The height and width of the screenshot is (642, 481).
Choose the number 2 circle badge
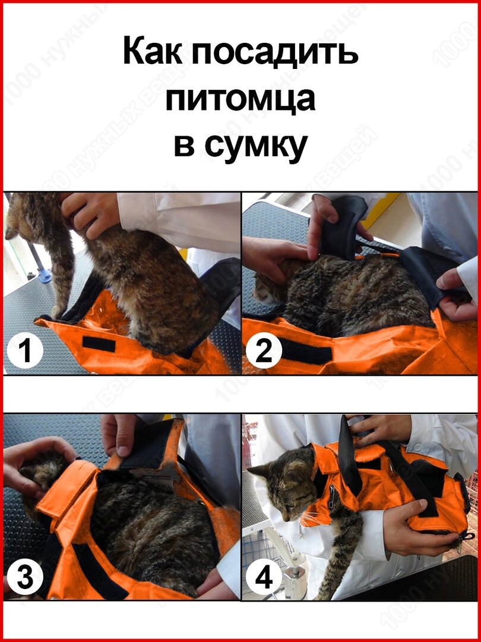[264, 351]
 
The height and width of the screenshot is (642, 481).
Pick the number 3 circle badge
[25, 579]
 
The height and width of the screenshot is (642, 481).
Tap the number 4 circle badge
[264, 578]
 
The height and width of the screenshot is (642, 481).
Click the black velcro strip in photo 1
[99, 344]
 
